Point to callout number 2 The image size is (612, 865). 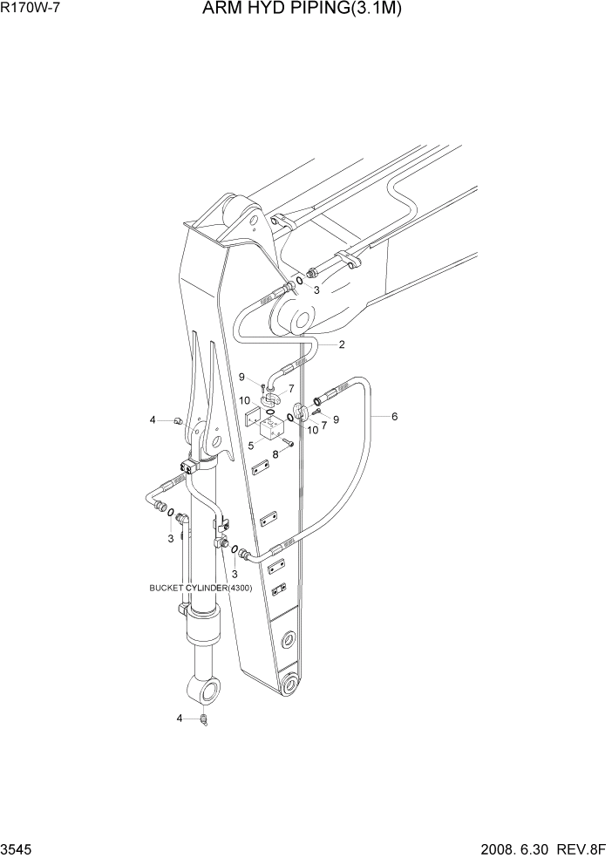click(x=342, y=344)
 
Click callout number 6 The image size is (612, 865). click(x=395, y=417)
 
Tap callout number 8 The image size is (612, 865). click(x=275, y=454)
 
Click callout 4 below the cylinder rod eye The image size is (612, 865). click(x=180, y=719)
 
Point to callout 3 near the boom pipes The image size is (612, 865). click(x=316, y=291)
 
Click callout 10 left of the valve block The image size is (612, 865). click(x=246, y=400)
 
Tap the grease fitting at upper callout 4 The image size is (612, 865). click(x=178, y=421)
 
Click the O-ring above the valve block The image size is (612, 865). click(x=271, y=412)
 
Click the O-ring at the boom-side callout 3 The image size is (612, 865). click(x=300, y=282)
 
